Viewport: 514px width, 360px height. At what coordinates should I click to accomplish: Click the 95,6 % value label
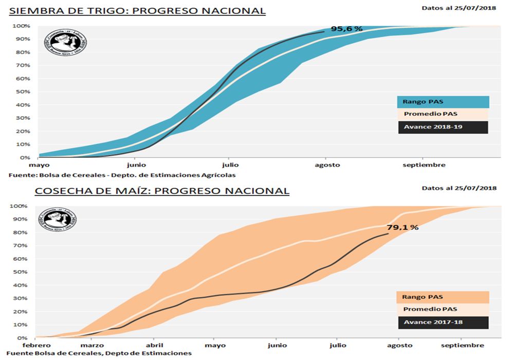tap(346, 29)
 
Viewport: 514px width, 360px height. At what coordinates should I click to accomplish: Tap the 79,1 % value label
tap(402, 227)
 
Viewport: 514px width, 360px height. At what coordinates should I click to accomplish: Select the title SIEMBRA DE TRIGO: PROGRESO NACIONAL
tap(138, 11)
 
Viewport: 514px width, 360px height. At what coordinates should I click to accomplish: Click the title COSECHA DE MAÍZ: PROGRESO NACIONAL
tap(162, 191)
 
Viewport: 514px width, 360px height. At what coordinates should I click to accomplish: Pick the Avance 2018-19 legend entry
tap(443, 127)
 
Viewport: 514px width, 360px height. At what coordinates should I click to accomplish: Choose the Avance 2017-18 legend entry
tap(443, 322)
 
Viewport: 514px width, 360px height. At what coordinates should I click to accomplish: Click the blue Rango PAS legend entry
tap(443, 102)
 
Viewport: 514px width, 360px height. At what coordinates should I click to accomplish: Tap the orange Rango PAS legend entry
tap(443, 297)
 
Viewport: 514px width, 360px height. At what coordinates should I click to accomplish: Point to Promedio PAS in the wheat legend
tap(443, 114)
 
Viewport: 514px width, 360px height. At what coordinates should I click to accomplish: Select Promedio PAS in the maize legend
tap(443, 310)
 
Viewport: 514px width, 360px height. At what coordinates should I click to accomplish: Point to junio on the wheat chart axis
tap(137, 165)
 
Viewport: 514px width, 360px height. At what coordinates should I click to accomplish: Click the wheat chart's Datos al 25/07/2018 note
tap(459, 8)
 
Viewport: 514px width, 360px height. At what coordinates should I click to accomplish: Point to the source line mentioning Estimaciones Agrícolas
tap(122, 175)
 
